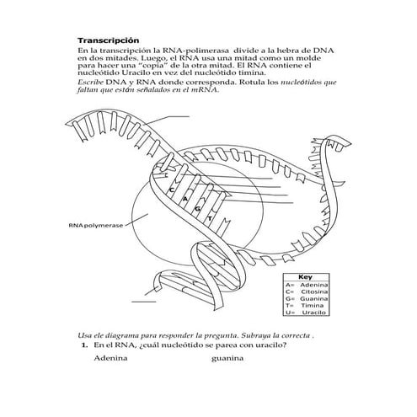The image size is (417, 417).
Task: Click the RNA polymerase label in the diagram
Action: (97, 226)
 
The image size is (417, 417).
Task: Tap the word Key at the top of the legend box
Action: (306, 277)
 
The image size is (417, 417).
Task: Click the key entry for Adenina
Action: (307, 286)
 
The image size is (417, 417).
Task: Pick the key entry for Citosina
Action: (307, 292)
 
